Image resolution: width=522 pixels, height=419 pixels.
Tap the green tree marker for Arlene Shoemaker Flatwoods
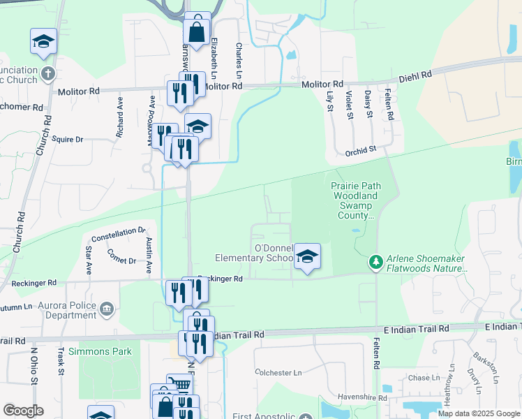(x=376, y=262)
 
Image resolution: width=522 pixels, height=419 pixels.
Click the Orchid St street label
(x=360, y=149)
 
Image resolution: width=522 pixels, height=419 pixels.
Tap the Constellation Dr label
(x=118, y=230)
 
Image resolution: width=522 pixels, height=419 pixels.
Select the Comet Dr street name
(x=123, y=260)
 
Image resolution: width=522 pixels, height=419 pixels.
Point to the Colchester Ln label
(x=283, y=373)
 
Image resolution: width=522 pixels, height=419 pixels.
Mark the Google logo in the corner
(x=23, y=411)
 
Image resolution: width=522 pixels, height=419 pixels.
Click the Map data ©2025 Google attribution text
(x=479, y=413)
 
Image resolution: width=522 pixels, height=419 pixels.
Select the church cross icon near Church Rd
(x=47, y=73)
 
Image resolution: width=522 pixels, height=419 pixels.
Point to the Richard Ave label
(x=120, y=116)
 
